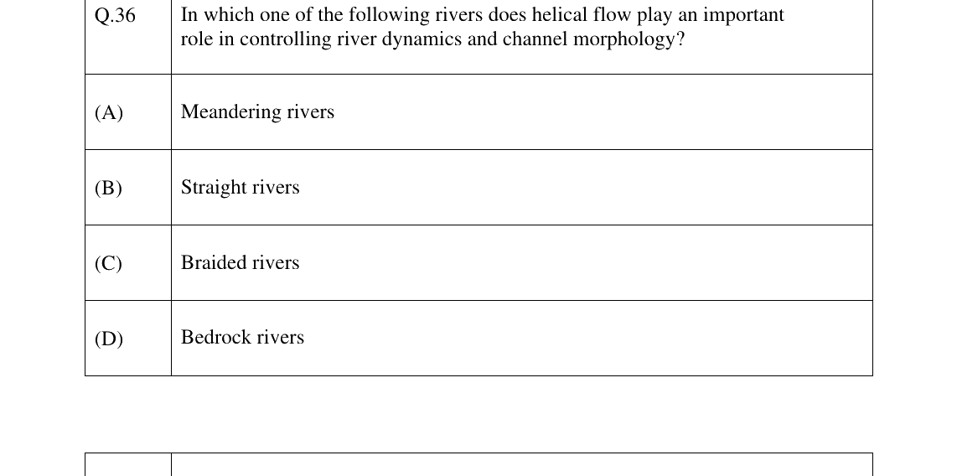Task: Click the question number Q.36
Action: point(116,15)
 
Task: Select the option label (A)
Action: point(109,112)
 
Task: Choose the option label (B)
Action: point(108,188)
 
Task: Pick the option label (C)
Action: point(108,263)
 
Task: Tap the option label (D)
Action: point(109,338)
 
